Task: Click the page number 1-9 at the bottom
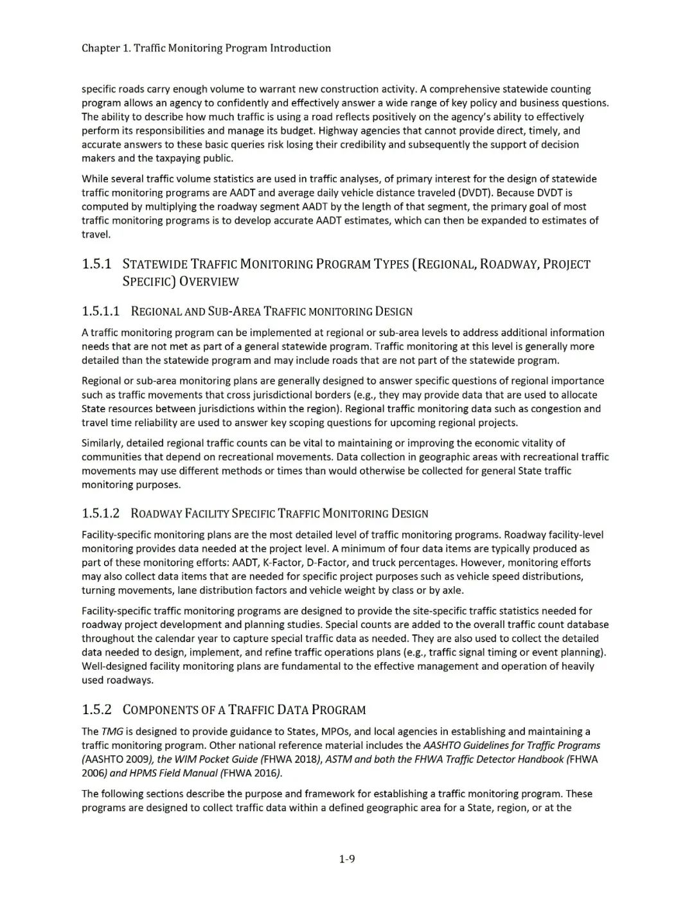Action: click(x=347, y=859)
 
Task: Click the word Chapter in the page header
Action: click(x=100, y=48)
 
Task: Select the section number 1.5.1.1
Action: click(x=101, y=312)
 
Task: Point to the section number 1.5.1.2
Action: click(x=101, y=514)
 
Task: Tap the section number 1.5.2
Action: click(x=96, y=710)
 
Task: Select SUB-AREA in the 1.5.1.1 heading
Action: click(x=235, y=312)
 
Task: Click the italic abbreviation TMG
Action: click(x=112, y=732)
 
